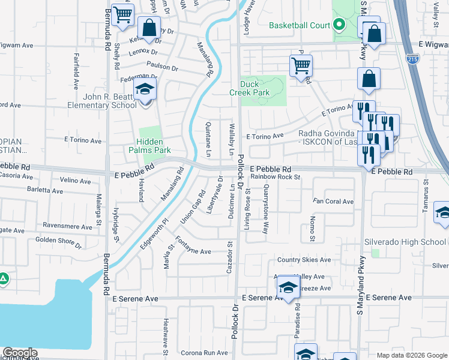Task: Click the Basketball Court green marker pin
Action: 339,26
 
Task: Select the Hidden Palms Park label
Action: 149,146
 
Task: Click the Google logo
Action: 20,353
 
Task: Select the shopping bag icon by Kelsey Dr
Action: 149,28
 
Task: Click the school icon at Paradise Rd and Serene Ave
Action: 288,288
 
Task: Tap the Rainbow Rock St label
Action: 275,177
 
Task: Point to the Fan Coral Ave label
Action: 333,202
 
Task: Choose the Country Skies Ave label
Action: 304,260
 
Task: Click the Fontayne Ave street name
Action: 193,251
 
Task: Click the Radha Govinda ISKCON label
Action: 327,134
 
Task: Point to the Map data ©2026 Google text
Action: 411,355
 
